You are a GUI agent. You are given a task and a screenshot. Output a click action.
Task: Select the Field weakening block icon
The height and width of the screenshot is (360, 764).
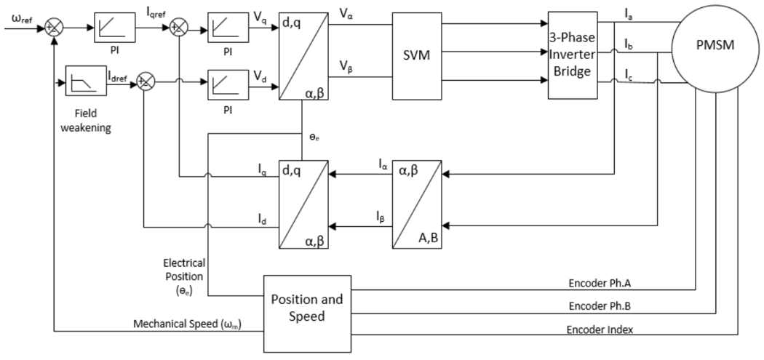click(x=81, y=79)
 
